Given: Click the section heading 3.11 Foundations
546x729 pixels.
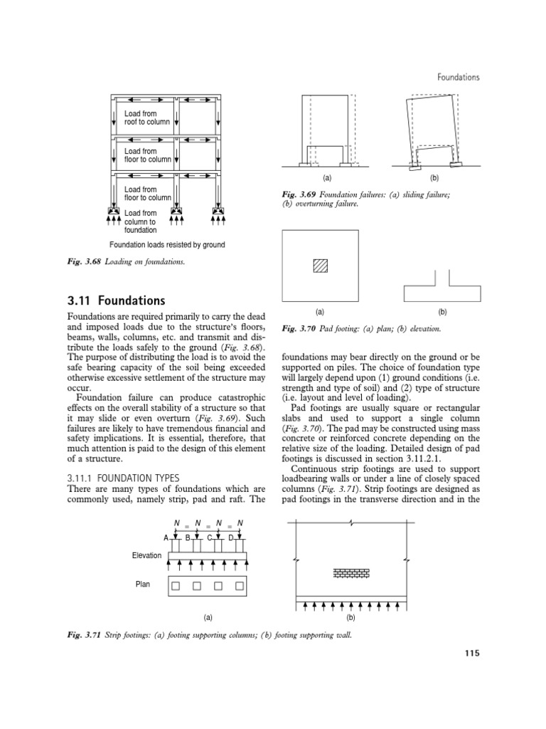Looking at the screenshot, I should [x=115, y=300].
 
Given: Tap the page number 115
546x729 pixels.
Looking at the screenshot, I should [x=471, y=654].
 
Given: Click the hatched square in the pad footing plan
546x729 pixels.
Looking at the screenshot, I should [x=321, y=266].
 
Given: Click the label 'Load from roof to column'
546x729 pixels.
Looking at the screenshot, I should [x=146, y=117].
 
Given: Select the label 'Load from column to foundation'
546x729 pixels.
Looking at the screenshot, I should [x=141, y=221].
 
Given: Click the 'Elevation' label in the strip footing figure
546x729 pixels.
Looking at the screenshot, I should [x=146, y=554].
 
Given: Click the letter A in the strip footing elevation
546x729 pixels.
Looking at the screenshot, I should [x=166, y=537].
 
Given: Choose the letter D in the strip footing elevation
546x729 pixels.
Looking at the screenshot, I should [x=231, y=537].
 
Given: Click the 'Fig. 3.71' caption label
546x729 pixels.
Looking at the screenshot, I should [x=85, y=634].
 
